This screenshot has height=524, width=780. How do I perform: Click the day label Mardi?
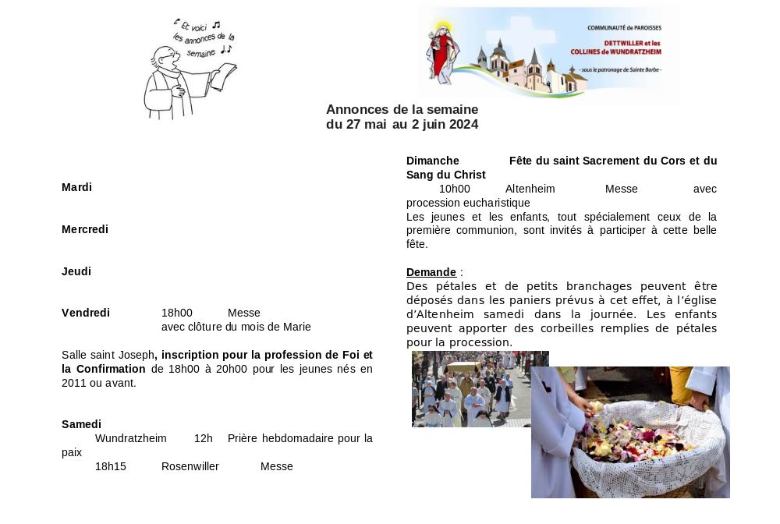point(76,187)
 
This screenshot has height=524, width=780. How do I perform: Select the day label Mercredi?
point(85,229)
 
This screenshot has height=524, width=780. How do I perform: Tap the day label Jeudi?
point(76,271)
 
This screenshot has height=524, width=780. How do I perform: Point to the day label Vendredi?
point(86,313)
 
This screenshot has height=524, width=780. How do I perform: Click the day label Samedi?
point(81,424)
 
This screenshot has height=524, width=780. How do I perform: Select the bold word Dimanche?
point(432,161)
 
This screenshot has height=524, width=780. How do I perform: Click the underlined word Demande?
point(431,272)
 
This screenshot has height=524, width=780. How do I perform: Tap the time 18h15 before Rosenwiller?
point(111,466)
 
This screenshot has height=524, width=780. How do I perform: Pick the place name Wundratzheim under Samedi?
point(131,438)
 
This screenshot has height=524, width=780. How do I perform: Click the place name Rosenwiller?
point(190,466)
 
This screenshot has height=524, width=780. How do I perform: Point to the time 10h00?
point(455,189)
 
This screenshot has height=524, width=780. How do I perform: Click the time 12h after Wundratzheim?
point(204,438)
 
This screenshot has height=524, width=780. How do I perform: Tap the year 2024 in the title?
point(462,124)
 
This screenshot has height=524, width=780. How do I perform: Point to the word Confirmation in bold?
point(104,369)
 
